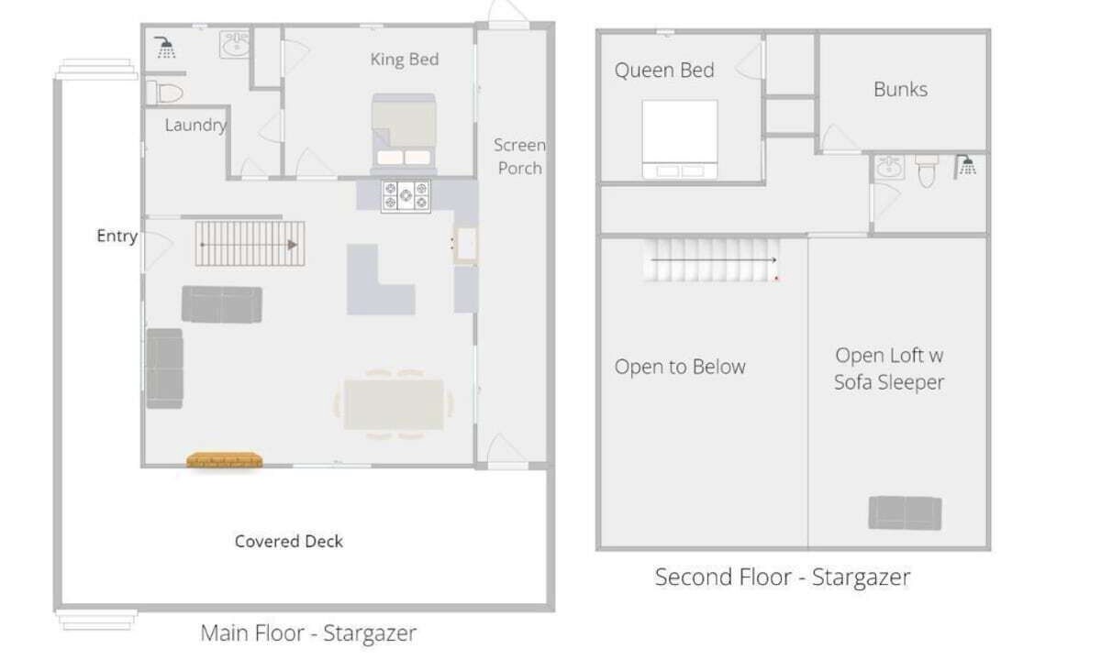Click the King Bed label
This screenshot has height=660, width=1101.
(405, 60)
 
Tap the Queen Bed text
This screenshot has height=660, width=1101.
(664, 71)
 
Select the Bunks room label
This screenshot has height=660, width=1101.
(900, 90)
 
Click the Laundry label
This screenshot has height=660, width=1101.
(195, 126)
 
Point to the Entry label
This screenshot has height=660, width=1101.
(117, 236)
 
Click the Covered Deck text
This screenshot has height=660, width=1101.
(289, 541)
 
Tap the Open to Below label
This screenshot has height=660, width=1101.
(680, 367)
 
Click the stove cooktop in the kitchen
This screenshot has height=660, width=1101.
(406, 196)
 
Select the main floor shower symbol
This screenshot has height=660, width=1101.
(165, 48)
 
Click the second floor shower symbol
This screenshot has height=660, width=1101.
(965, 167)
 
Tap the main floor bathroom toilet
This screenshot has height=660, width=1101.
(164, 93)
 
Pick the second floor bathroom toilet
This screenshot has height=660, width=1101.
(927, 170)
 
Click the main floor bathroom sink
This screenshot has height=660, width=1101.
(235, 45)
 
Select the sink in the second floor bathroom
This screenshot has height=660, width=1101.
(889, 167)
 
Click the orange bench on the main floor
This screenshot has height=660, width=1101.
(224, 460)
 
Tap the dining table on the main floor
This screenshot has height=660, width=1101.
(394, 404)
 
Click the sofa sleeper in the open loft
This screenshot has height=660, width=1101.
(905, 513)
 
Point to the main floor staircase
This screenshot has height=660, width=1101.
(250, 244)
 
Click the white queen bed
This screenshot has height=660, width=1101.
(679, 139)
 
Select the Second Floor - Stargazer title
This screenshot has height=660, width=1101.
(783, 577)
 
